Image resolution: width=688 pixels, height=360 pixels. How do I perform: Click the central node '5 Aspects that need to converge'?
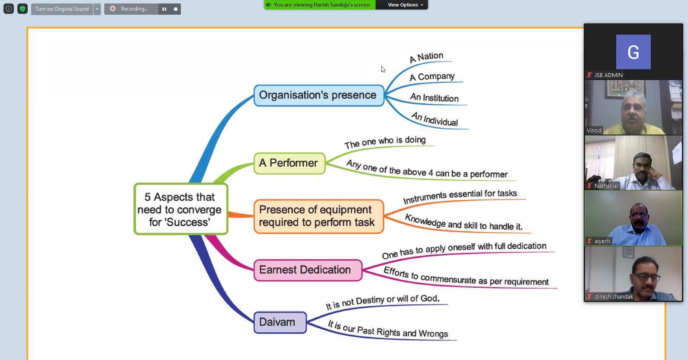tap(181, 209)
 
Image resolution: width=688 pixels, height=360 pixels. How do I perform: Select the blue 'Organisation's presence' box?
tap(319, 96)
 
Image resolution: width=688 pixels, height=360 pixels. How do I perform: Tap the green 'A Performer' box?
tap(289, 164)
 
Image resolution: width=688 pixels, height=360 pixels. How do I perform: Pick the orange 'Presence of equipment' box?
tap(318, 216)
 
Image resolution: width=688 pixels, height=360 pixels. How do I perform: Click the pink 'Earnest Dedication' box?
tap(308, 270)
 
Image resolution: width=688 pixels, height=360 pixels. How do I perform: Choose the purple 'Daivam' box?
tap(280, 322)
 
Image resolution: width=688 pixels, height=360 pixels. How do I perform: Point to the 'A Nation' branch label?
tap(426, 57)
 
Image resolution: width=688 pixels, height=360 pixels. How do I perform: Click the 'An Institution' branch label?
tap(434, 98)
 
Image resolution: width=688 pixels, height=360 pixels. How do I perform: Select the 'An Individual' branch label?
tap(434, 119)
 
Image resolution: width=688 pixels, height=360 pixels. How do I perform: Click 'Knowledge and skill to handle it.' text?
tap(463, 222)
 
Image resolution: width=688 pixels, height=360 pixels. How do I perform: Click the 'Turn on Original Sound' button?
tap(62, 9)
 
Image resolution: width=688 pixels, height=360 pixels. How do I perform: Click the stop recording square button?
tap(175, 9)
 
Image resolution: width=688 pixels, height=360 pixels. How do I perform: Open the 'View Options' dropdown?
tap(405, 5)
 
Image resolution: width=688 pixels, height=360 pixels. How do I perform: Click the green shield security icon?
tap(23, 9)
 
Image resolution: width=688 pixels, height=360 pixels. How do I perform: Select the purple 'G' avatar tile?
tap(633, 52)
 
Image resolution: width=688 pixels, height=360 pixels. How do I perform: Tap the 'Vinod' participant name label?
tap(594, 131)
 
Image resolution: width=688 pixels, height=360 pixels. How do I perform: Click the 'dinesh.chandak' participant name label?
tap(614, 297)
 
